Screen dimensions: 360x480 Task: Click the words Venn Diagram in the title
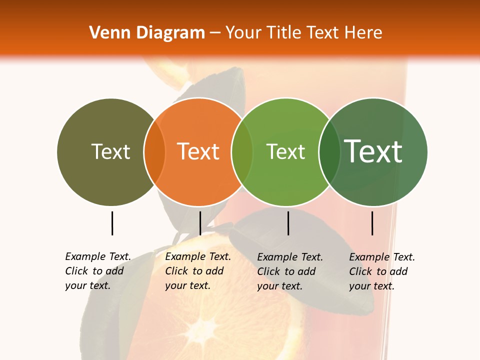pos(147,33)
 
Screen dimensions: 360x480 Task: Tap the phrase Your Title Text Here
pos(303,33)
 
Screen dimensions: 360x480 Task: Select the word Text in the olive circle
pos(110,151)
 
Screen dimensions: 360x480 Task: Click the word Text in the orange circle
pos(198,151)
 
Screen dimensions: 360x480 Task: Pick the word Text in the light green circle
pos(285,151)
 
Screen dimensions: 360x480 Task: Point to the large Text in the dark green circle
pos(373,151)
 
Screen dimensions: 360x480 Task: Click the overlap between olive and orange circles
pos(154,152)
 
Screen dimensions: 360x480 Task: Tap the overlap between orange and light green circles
pos(242,152)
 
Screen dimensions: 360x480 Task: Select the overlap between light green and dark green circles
pos(329,152)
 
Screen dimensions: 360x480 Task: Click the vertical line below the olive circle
pos(112,223)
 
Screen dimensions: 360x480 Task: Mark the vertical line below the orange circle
pos(200,223)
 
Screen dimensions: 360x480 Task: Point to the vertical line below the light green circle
pos(288,223)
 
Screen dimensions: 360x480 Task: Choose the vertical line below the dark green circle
pos(372,223)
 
